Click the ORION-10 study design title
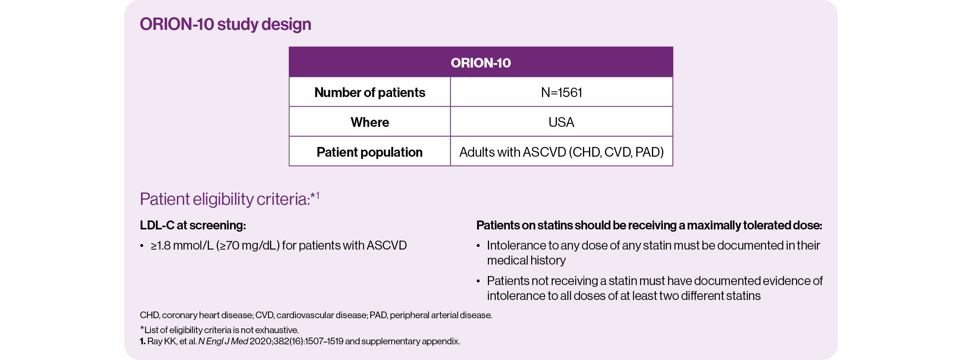pos(225,24)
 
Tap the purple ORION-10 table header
pos(480,62)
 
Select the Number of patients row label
pos(370,92)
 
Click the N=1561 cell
pos(561,92)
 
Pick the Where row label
pos(370,122)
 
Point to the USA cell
pos(561,122)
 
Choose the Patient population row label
pos(370,152)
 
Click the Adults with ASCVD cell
pos(561,152)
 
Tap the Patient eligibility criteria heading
pos(229,199)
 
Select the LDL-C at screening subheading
pos(193,225)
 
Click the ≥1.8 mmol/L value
pos(182,245)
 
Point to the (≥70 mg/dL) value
pos(248,245)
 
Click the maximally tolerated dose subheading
pos(649,225)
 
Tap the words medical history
pos(526,260)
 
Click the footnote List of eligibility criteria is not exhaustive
pos(219,330)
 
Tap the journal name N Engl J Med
pos(223,341)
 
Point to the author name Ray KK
pos(162,341)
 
